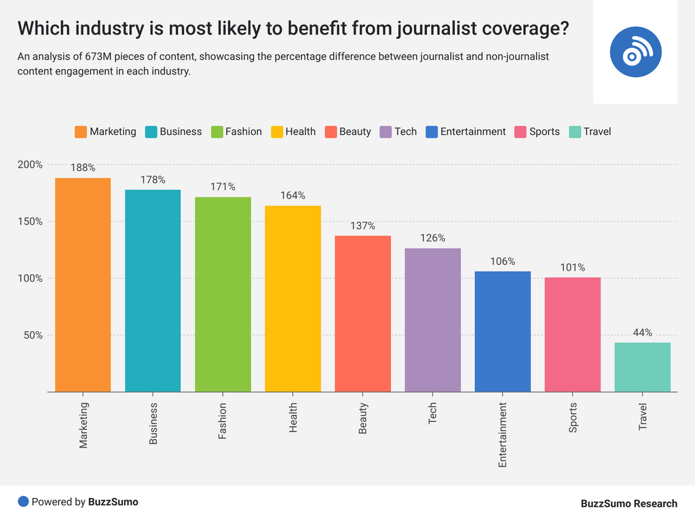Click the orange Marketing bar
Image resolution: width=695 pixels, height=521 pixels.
click(x=83, y=285)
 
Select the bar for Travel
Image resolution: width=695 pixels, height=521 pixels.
click(x=643, y=367)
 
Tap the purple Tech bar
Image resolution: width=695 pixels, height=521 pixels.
click(x=433, y=320)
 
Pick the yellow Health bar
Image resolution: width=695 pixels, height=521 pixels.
click(x=293, y=298)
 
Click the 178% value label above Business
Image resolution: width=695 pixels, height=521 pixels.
click(x=153, y=180)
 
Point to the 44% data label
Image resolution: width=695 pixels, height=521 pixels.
click(x=643, y=332)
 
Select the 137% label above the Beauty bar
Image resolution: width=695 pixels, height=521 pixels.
click(x=363, y=226)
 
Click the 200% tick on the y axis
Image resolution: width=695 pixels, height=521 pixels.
click(x=30, y=165)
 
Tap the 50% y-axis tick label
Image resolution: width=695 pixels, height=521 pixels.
click(x=33, y=335)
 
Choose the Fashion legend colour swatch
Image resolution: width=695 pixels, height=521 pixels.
click(x=217, y=132)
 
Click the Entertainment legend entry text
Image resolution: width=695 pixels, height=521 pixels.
click(x=473, y=132)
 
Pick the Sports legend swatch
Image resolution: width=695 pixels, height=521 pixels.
click(x=521, y=132)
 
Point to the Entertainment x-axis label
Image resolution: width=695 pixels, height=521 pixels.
click(x=503, y=435)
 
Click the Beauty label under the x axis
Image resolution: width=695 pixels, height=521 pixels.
click(x=363, y=419)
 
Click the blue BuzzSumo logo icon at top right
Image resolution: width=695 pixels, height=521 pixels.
click(x=635, y=52)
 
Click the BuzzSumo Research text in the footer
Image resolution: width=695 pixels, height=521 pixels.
click(x=628, y=503)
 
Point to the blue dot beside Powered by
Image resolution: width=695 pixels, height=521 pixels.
click(x=23, y=502)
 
